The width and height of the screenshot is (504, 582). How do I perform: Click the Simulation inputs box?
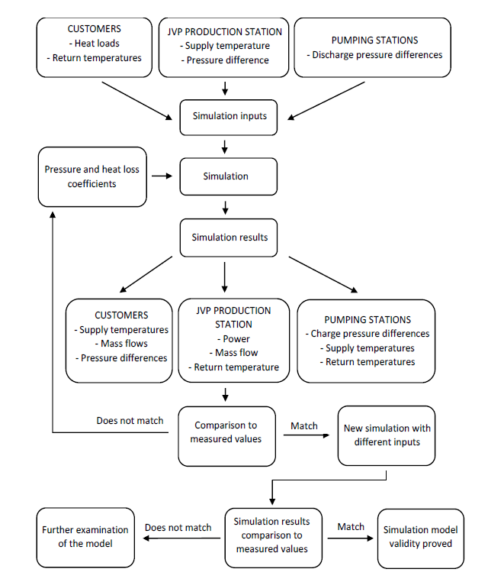click(x=228, y=118)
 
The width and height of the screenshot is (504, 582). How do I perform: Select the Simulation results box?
click(x=228, y=238)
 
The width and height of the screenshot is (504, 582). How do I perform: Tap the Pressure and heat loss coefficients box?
click(x=92, y=176)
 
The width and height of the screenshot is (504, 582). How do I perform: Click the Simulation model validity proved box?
click(x=421, y=538)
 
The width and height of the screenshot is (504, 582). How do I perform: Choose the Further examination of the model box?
click(x=85, y=538)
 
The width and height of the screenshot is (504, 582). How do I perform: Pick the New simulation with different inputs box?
click(x=387, y=435)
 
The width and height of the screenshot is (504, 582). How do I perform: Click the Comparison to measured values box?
click(x=226, y=436)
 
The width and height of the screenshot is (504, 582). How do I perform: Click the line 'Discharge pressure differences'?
click(x=374, y=55)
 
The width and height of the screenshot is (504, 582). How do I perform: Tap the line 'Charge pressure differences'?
click(x=368, y=334)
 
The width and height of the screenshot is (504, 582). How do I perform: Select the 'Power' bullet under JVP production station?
click(x=233, y=339)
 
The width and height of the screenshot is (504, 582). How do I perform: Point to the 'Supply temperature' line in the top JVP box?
click(x=225, y=46)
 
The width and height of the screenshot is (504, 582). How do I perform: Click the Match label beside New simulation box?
click(x=304, y=425)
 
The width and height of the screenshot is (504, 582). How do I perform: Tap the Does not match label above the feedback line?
click(x=130, y=421)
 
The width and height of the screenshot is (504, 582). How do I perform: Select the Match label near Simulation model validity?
click(x=351, y=527)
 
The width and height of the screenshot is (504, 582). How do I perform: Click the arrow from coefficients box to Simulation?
click(x=162, y=176)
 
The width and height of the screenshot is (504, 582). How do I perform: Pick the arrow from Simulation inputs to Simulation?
click(x=225, y=147)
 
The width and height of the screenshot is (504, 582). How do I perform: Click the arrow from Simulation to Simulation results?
click(x=225, y=208)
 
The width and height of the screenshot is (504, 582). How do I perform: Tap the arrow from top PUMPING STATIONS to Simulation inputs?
click(x=326, y=101)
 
